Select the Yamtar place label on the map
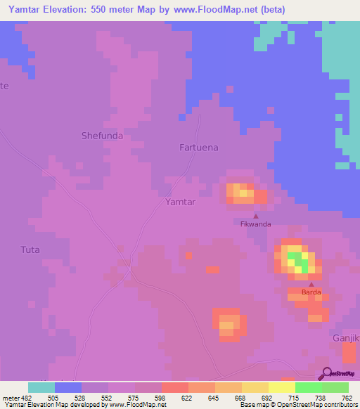pyautogui.click(x=179, y=202)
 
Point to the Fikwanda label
pyautogui.click(x=255, y=225)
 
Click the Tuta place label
pyautogui.click(x=30, y=249)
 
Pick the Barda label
pyautogui.click(x=311, y=292)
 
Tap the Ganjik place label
pyautogui.click(x=345, y=338)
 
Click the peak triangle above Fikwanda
pyautogui.click(x=255, y=216)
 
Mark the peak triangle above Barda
pyautogui.click(x=311, y=283)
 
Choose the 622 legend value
pyautogui.click(x=186, y=397)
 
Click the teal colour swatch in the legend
pyautogui.click(x=41, y=387)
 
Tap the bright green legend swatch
pyautogui.click(x=308, y=387)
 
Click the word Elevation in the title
pyautogui.click(x=79, y=10)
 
